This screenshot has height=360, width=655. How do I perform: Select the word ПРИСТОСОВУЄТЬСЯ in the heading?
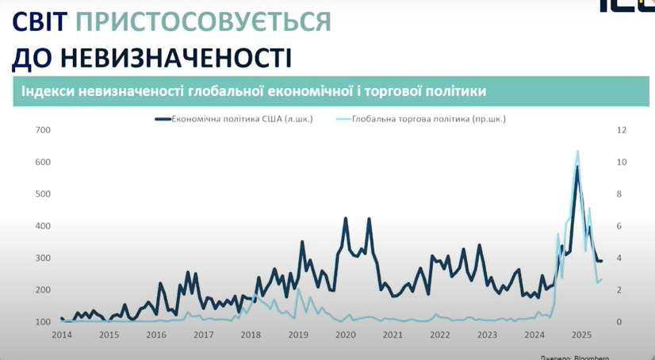click(204, 21)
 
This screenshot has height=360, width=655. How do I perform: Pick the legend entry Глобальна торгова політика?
click(421, 119)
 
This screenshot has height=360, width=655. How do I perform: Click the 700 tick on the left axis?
click(43, 130)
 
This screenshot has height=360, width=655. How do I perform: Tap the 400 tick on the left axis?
click(43, 226)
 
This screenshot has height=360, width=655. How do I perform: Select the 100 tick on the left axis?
click(43, 322)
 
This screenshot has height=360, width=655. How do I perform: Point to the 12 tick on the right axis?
click(622, 130)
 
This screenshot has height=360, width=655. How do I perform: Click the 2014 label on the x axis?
click(62, 335)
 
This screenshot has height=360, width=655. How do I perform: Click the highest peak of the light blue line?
click(577, 151)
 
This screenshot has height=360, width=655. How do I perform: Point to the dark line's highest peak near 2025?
click(577, 167)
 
